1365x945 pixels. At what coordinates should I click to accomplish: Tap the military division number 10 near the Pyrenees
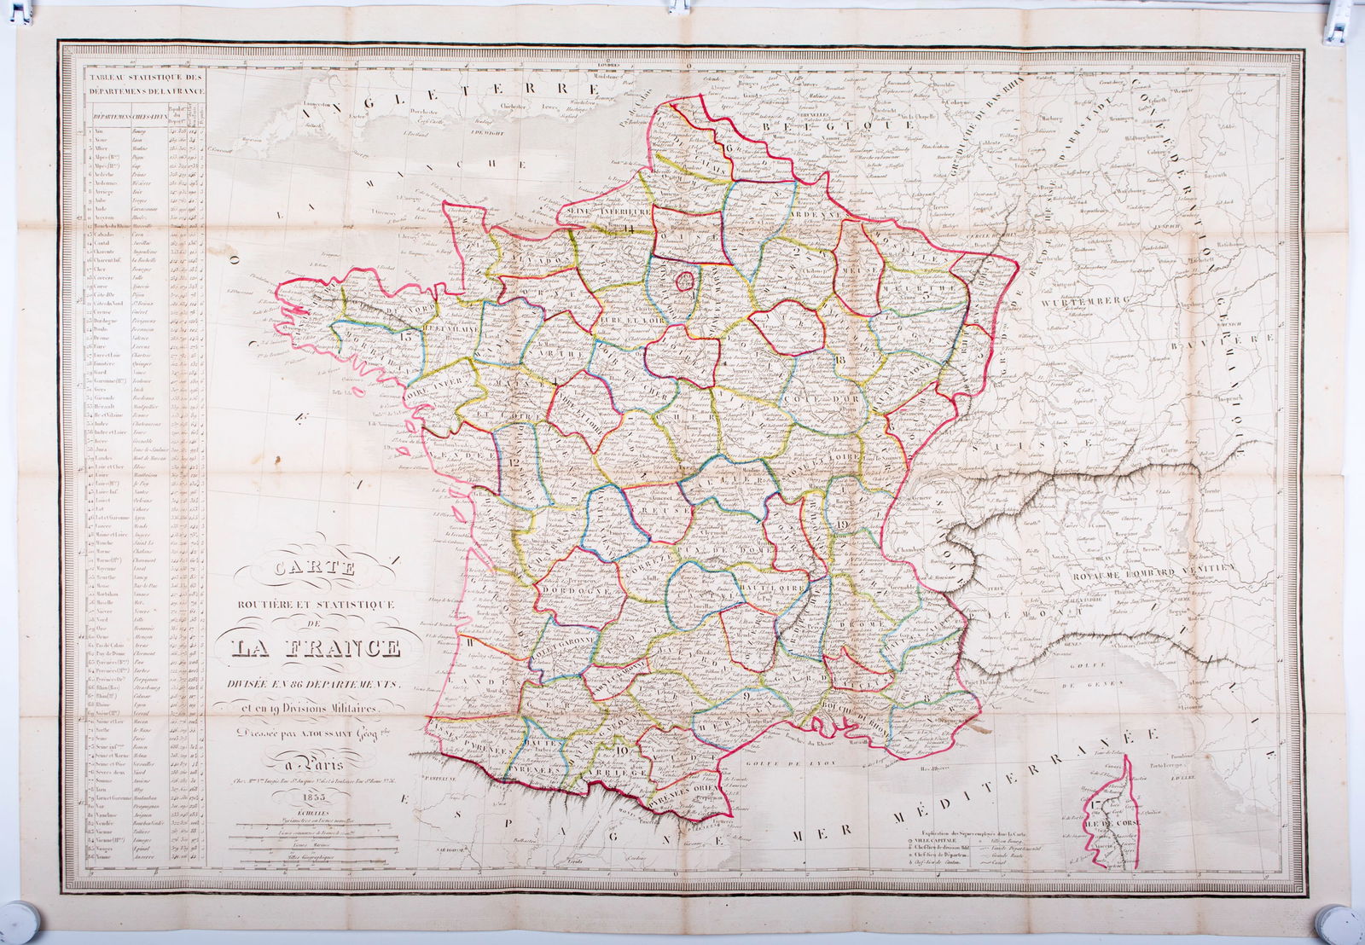point(621,751)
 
